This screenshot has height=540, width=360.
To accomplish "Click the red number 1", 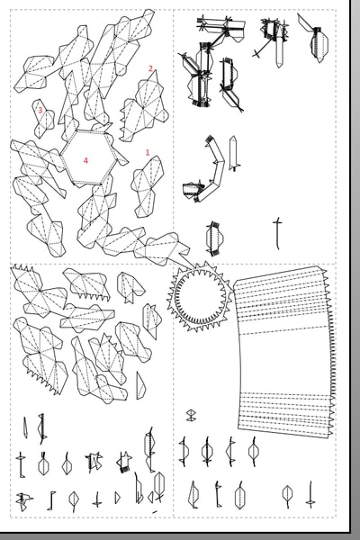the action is [148, 152].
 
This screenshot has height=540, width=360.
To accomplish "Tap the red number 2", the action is [150, 68].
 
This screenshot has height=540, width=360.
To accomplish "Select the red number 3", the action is [40, 110].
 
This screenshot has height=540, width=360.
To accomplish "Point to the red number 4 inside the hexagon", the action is [85, 160].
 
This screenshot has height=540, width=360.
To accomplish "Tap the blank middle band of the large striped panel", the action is [284, 364].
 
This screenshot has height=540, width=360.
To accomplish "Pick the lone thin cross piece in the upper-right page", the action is [277, 233].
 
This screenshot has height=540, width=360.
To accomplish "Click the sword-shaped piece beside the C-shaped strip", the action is [234, 153].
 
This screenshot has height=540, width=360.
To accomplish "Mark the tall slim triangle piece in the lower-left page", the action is [140, 386].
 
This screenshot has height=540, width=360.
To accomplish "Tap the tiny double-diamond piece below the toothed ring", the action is [191, 415].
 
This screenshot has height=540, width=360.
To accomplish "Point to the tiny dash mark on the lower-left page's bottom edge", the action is [155, 512].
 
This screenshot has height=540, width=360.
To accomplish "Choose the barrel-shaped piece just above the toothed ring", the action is [214, 238].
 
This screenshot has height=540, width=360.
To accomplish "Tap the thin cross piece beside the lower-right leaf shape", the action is [310, 495].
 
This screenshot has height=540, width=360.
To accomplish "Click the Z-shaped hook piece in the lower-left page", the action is [51, 500].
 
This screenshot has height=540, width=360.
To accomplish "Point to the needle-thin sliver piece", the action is [25, 427].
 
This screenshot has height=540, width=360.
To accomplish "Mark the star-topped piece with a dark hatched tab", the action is [124, 463].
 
